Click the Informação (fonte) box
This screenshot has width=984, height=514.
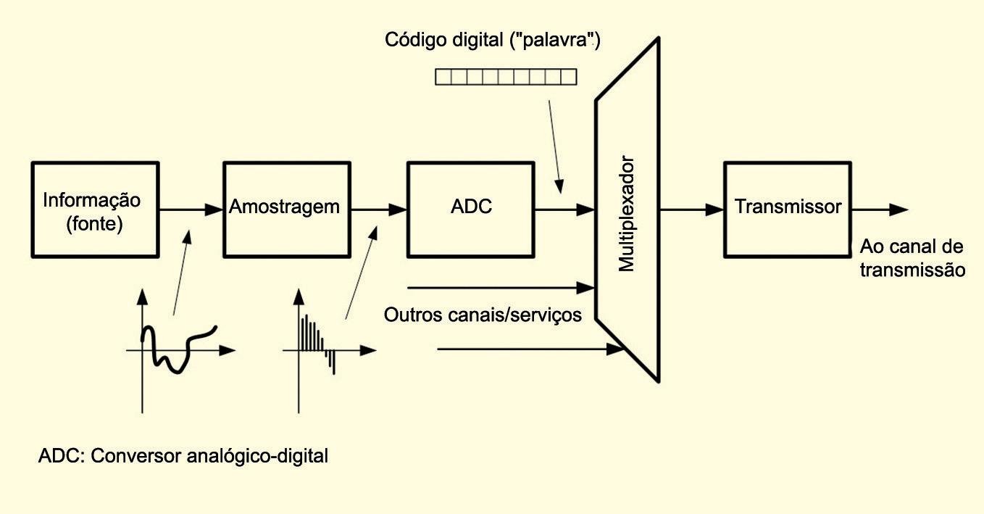pos(95,210)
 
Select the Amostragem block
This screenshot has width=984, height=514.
pos(285,210)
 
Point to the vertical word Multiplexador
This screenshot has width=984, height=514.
pos(627,214)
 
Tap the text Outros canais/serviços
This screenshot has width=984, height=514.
pos(483,315)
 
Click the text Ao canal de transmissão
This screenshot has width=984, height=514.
pos(912,258)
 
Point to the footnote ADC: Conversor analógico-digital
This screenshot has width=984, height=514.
pos(183,457)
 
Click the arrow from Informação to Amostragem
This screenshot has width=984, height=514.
pos(191,210)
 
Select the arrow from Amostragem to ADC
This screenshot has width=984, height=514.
pos(378,210)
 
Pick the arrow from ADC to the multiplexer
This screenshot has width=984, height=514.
pos(565,210)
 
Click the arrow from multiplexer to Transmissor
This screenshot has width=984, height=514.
pos(691,210)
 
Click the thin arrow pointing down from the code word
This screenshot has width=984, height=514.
pos(554,145)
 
